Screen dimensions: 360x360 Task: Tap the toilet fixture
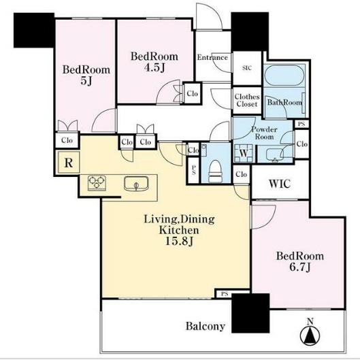215,171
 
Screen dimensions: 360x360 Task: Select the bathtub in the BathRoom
284,76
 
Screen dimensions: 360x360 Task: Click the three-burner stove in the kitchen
97,183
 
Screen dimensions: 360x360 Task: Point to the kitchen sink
136,184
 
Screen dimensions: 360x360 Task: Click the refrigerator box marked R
69,163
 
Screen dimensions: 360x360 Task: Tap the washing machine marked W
244,153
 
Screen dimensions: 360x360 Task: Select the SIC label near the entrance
247,68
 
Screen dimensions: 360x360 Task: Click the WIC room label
280,184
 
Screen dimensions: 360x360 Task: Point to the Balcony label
206,326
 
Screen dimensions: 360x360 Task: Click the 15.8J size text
179,241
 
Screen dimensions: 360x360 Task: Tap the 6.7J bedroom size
300,267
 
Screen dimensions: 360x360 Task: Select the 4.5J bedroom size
154,67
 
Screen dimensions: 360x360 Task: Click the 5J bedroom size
86,81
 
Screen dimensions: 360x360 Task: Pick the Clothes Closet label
247,100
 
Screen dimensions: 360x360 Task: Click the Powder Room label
265,133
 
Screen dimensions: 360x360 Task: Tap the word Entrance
212,57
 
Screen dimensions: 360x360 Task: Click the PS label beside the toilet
193,170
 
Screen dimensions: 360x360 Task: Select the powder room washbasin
275,154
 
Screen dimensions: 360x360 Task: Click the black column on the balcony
250,313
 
